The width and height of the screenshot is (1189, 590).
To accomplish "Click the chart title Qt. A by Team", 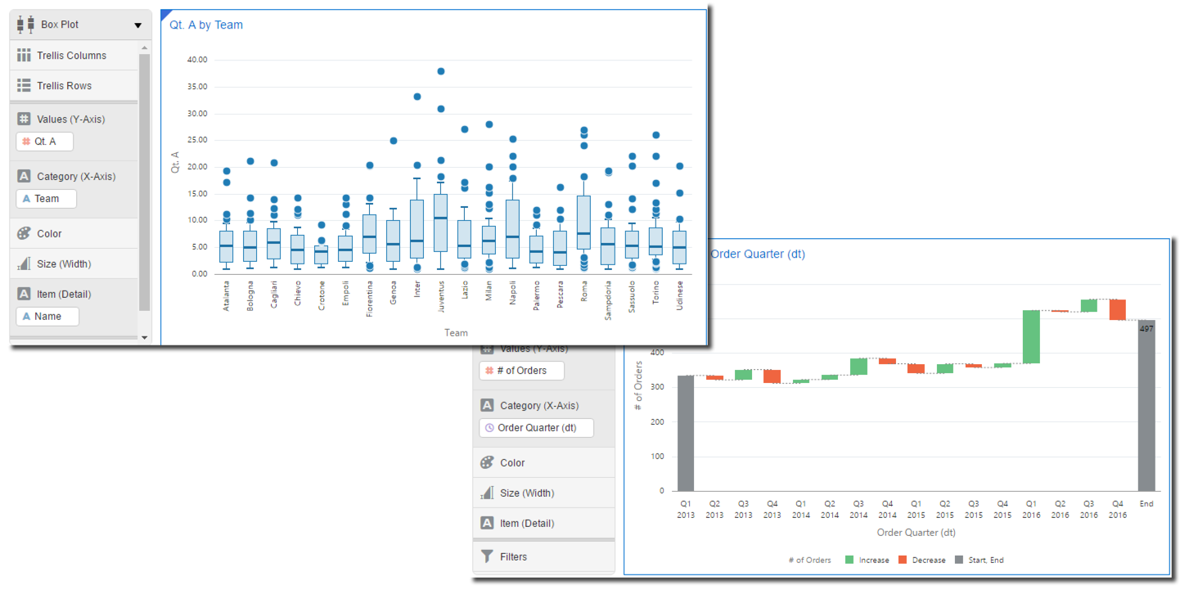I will coord(205,25).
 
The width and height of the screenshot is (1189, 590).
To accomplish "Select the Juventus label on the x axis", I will coord(441,296).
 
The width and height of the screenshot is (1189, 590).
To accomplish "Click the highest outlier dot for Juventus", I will coord(441,71).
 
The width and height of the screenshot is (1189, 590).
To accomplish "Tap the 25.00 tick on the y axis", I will coord(197,140).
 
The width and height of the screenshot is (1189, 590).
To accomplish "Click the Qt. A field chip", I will coord(45,142).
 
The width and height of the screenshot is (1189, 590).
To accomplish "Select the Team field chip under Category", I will coord(47,199).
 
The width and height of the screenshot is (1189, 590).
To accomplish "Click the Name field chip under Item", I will coord(47,317).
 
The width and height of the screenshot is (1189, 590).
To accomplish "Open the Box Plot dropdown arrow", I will coord(137,25).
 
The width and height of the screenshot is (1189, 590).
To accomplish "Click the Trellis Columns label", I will coord(71,56).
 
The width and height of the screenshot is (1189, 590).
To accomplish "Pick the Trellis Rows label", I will coord(64,86).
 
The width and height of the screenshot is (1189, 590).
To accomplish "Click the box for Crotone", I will coord(322,254).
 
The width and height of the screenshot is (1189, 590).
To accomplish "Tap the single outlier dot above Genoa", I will coord(394,141).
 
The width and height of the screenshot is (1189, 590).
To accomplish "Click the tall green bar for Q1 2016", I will coord(1031,336).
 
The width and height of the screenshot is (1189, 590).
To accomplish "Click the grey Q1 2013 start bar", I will coord(686,433).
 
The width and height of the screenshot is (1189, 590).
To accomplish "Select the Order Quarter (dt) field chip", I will coord(536,428).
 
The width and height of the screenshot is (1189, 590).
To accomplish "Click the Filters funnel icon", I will coord(487,556).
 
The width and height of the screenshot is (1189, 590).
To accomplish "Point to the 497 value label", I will coord(1146,329).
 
